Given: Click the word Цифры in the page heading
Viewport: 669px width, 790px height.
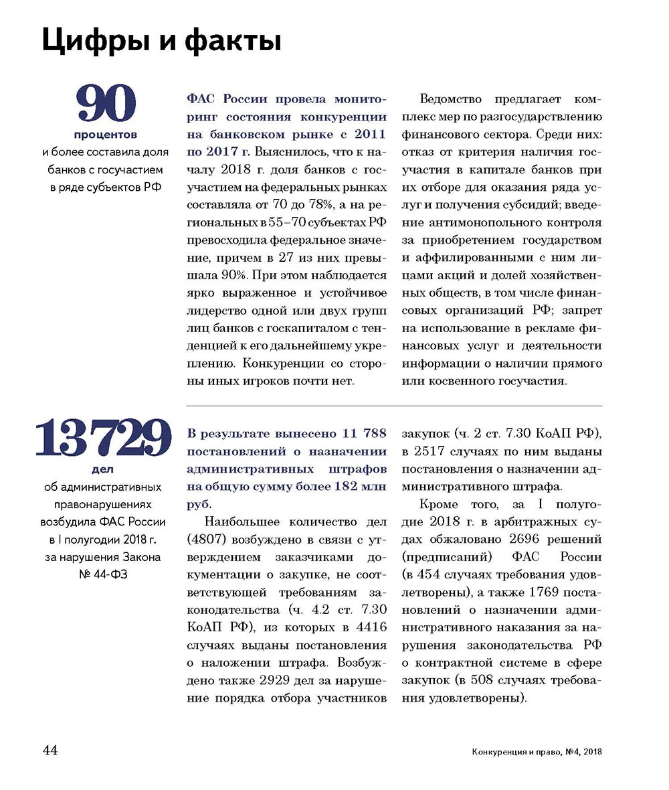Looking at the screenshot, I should (x=86, y=42).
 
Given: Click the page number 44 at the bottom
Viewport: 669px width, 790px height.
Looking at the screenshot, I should (x=50, y=750).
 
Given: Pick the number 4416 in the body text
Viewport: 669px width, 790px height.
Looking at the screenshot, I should (x=369, y=628).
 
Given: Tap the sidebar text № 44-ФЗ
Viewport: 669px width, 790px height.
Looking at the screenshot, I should (x=103, y=574).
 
